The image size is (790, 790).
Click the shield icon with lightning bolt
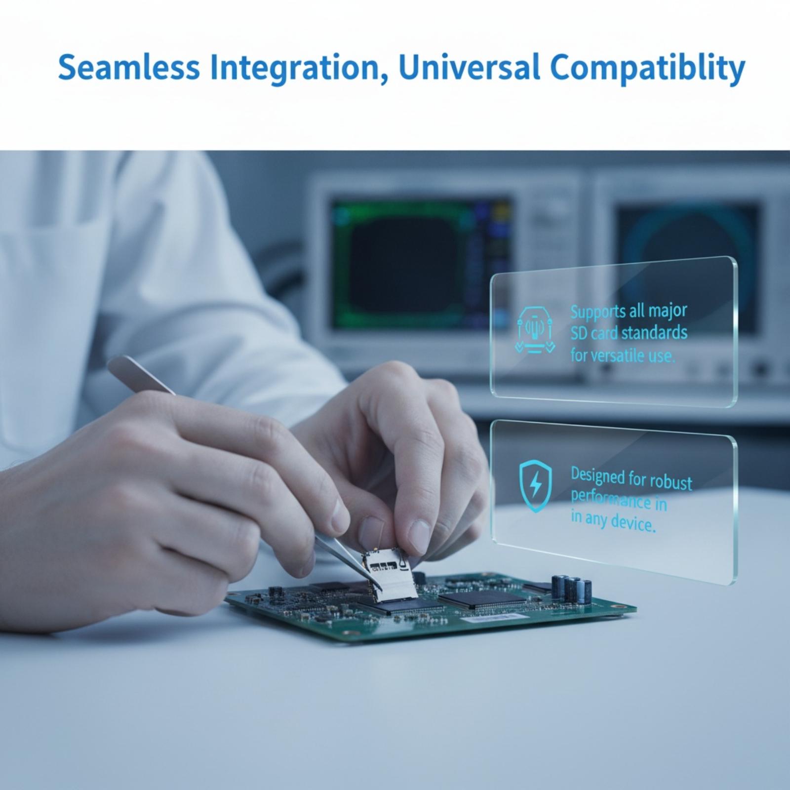tap(535, 486)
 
